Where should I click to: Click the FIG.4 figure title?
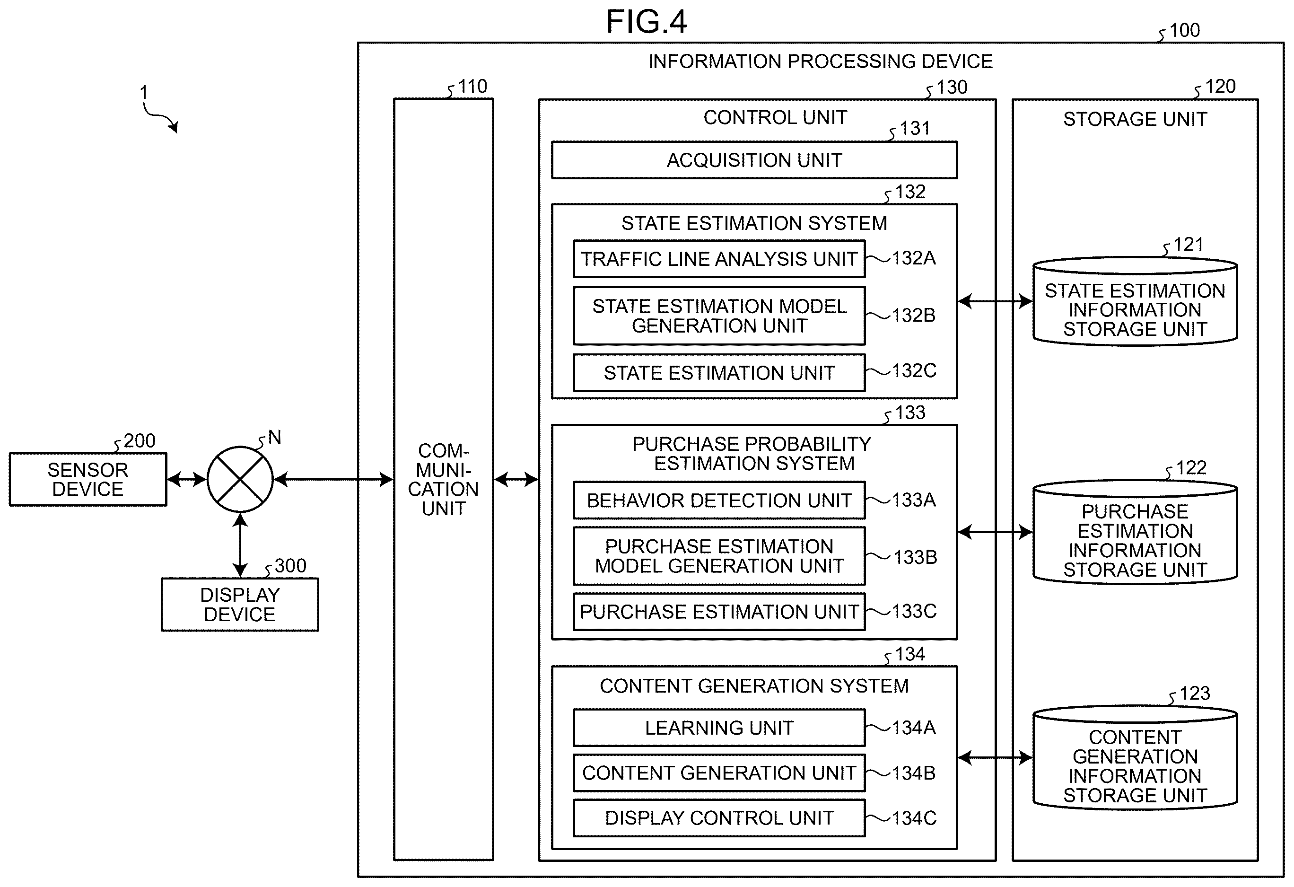click(647, 22)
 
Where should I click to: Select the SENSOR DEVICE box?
click(88, 479)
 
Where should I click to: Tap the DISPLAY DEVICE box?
click(240, 605)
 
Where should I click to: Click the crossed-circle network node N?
click(240, 479)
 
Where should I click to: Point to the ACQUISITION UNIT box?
click(754, 160)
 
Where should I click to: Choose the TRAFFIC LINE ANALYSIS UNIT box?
click(719, 259)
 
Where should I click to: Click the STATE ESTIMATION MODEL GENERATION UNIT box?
click(719, 316)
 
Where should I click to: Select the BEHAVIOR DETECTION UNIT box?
click(719, 501)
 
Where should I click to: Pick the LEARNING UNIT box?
click(719, 728)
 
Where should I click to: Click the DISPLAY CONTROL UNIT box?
click(719, 818)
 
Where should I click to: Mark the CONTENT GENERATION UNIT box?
click(719, 773)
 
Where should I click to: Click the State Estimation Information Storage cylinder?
click(1135, 301)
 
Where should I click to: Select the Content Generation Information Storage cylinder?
click(1135, 757)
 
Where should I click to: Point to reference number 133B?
click(915, 557)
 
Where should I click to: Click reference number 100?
click(1184, 31)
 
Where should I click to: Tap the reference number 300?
click(290, 566)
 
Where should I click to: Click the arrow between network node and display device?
click(240, 545)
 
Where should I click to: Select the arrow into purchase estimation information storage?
click(995, 532)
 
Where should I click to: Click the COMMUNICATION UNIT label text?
click(443, 479)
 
